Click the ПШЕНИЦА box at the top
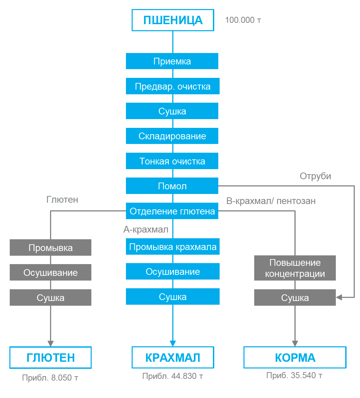click(x=173, y=20)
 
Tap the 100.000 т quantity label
click(x=243, y=20)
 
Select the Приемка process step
click(x=172, y=61)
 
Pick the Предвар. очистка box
click(x=173, y=86)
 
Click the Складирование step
click(x=172, y=136)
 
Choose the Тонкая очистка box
click(x=172, y=161)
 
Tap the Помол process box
click(x=172, y=186)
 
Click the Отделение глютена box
click(x=172, y=211)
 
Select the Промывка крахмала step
click(x=173, y=247)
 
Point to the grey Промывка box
click(x=50, y=248)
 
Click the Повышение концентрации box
click(x=295, y=268)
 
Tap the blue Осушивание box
click(x=173, y=271)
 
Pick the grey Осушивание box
click(x=50, y=272)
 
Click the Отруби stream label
click(x=315, y=176)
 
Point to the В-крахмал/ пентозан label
click(x=271, y=201)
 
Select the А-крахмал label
click(x=146, y=230)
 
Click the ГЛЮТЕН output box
click(x=50, y=358)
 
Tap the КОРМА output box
click(x=295, y=358)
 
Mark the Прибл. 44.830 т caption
click(x=173, y=376)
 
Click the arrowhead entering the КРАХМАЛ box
click(x=173, y=343)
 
